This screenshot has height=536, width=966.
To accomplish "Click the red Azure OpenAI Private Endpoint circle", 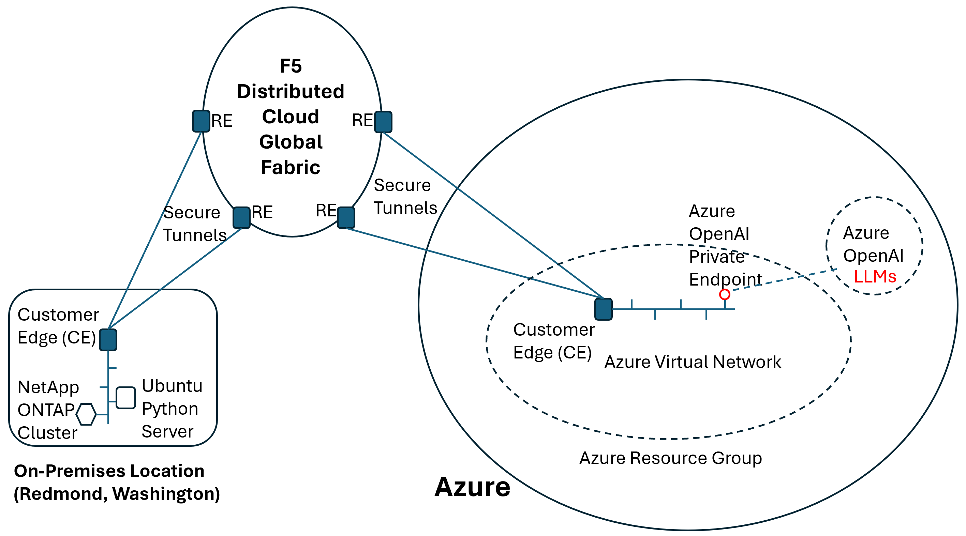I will pyautogui.click(x=725, y=294).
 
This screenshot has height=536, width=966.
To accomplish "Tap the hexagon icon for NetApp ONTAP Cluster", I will pyautogui.click(x=86, y=414).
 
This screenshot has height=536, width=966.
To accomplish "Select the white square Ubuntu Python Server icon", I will pyautogui.click(x=125, y=398).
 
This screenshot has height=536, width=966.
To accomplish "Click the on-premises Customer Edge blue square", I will pyautogui.click(x=108, y=340).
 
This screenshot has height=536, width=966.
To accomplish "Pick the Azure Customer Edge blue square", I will pyautogui.click(x=604, y=309).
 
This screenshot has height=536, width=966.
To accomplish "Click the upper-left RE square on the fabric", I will pyautogui.click(x=201, y=121).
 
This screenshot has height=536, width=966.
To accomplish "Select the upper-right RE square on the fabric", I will pyautogui.click(x=383, y=122).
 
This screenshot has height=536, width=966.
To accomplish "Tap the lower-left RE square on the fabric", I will pyautogui.click(x=241, y=218).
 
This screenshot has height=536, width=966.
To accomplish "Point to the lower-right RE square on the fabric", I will pyautogui.click(x=346, y=218).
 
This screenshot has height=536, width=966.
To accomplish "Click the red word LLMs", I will pyautogui.click(x=875, y=277).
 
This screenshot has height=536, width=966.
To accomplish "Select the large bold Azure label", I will pyautogui.click(x=472, y=487).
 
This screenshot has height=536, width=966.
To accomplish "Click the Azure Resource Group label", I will pyautogui.click(x=670, y=458).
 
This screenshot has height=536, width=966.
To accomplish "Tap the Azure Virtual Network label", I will pyautogui.click(x=693, y=362).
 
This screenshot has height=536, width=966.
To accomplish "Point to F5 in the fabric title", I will pyautogui.click(x=291, y=66).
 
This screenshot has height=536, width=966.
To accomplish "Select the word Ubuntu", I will pyautogui.click(x=172, y=386).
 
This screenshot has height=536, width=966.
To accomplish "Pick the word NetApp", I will pyautogui.click(x=48, y=387).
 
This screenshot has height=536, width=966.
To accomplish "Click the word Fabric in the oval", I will pyautogui.click(x=291, y=167).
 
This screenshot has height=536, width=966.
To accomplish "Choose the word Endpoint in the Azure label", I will pyautogui.click(x=725, y=280).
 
